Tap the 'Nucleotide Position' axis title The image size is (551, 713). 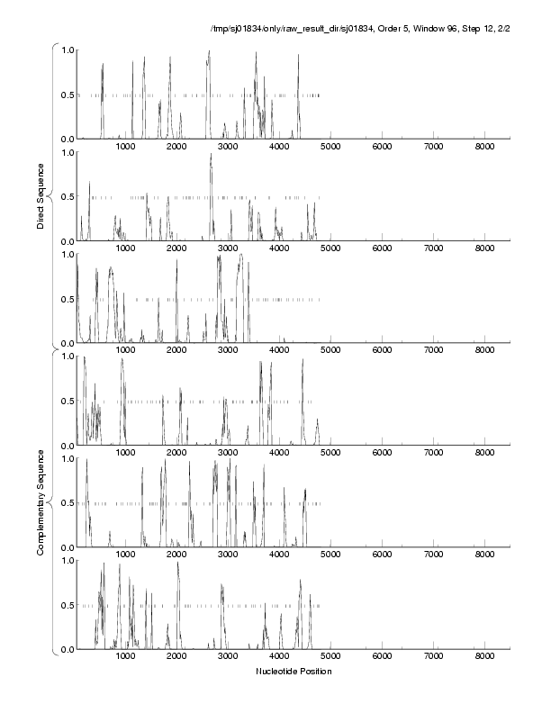point(294,672)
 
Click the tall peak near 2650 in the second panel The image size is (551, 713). point(211,155)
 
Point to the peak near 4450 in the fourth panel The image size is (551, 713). point(303,361)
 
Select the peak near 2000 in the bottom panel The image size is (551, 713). point(178,564)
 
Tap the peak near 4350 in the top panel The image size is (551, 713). point(298,56)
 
